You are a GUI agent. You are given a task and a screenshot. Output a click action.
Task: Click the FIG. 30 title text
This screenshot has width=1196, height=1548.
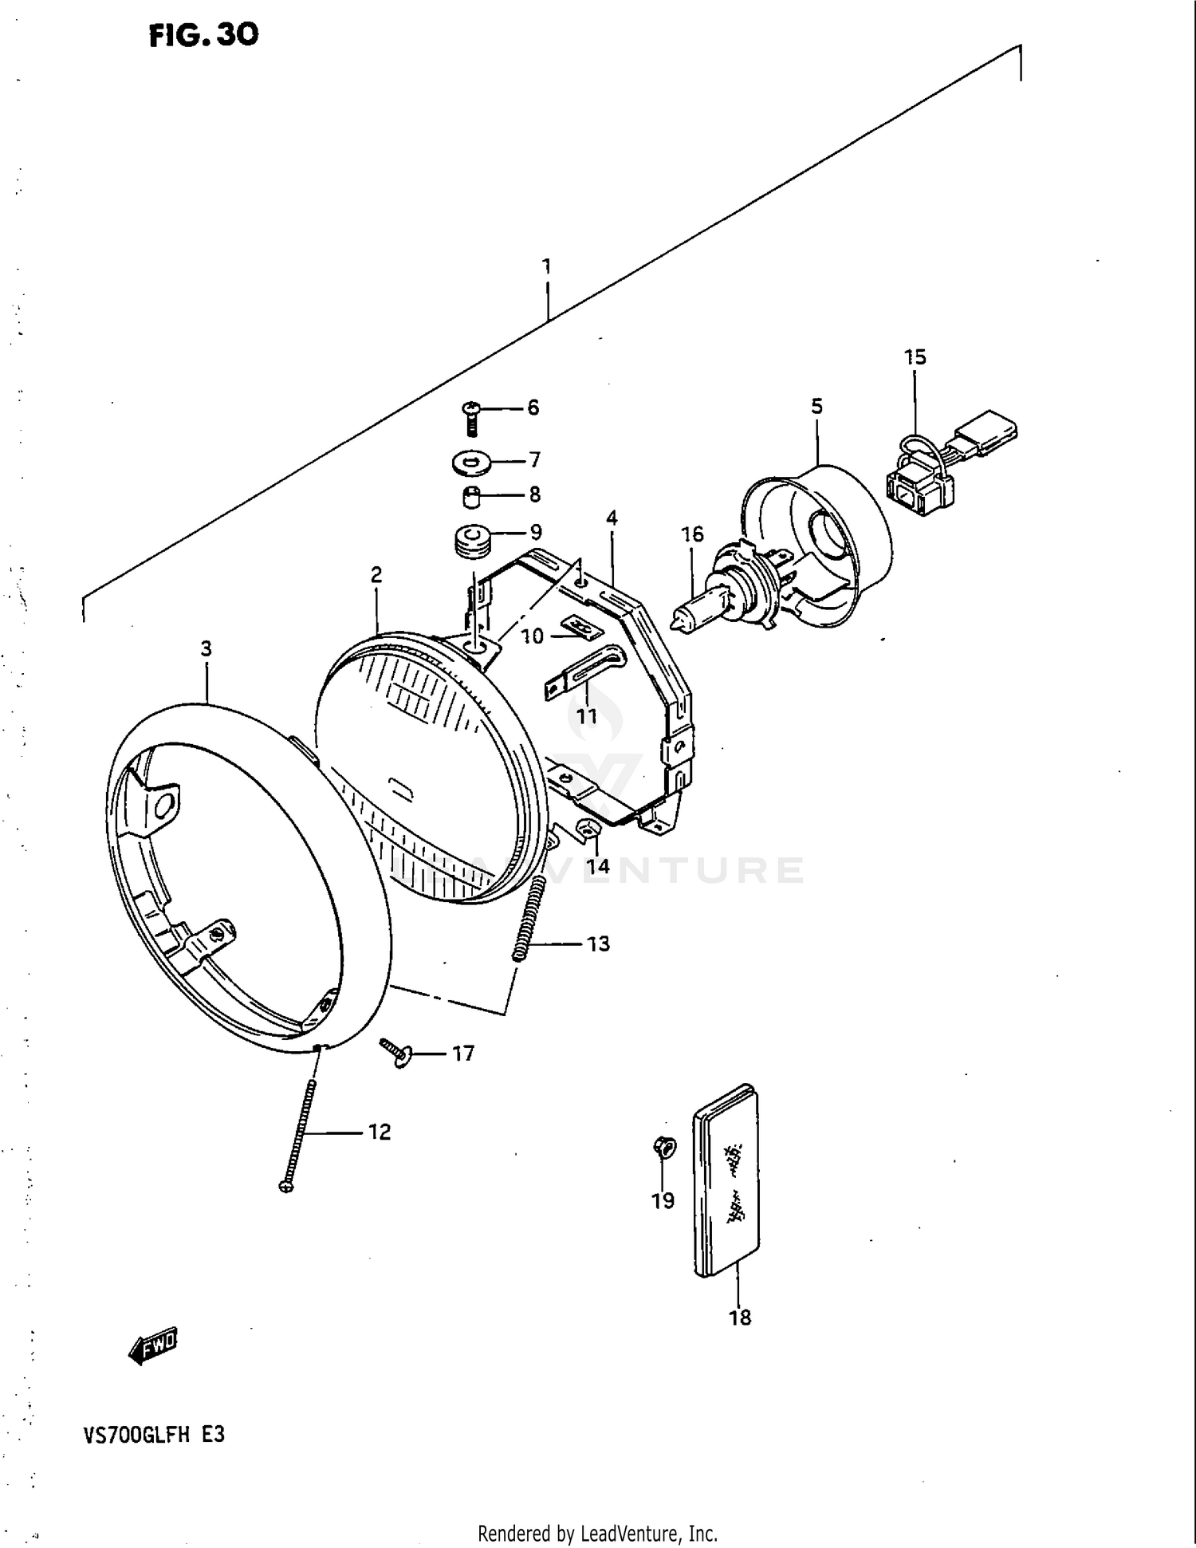click(x=204, y=35)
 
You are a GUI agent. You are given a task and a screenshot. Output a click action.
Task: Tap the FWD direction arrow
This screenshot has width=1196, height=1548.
click(x=153, y=1347)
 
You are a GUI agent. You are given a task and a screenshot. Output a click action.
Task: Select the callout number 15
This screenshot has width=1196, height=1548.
click(x=915, y=357)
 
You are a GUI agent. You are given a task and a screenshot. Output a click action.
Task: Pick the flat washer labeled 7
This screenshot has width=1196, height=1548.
click(x=472, y=462)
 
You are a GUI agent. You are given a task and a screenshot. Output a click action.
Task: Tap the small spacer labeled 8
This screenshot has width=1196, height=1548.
click(x=471, y=496)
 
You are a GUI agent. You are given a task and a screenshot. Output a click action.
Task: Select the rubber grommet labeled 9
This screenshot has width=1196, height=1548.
click(x=471, y=540)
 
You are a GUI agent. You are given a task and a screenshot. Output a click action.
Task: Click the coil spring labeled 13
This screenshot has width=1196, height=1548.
click(x=529, y=918)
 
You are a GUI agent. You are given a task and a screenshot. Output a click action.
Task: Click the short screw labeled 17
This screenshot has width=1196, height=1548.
click(x=395, y=1052)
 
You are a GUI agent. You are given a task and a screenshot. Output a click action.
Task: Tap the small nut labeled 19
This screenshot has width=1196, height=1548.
click(x=663, y=1148)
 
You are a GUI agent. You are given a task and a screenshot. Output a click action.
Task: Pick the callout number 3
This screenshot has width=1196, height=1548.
click(x=207, y=649)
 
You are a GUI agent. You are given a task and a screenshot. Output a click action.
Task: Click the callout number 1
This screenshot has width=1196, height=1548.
click(x=547, y=266)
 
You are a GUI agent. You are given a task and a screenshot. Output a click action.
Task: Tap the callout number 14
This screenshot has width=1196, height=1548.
click(x=598, y=866)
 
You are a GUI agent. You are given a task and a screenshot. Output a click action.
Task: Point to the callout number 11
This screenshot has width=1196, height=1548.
click(x=587, y=716)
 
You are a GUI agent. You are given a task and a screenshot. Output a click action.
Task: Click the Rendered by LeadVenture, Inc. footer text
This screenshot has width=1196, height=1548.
click(x=597, y=1533)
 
